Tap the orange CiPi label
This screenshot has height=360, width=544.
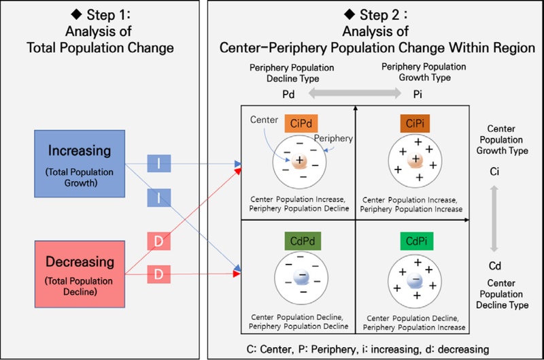coord(414,122)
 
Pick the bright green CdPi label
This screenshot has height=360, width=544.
coord(414,241)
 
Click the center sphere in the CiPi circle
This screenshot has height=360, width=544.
coord(415,161)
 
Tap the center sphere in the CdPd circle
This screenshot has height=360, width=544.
coord(300,279)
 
